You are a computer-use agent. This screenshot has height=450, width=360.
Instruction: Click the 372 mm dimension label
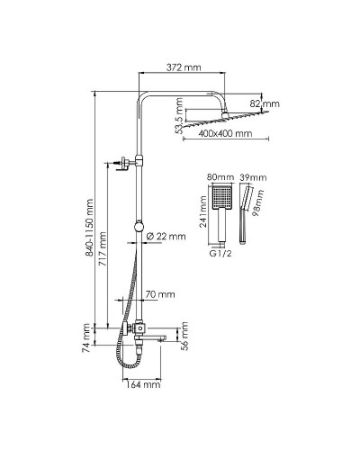(x=184, y=67)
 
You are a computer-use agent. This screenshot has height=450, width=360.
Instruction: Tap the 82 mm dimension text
(x=265, y=103)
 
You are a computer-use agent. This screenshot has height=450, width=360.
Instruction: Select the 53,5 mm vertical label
(x=179, y=115)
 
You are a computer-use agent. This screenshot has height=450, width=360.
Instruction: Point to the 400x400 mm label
(x=225, y=133)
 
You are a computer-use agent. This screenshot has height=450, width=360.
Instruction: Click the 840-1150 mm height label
(x=89, y=228)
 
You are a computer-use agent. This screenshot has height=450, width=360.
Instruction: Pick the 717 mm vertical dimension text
(x=103, y=248)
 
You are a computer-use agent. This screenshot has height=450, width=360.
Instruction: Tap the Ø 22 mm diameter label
(x=166, y=237)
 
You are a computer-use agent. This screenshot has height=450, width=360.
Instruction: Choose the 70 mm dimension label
(x=160, y=294)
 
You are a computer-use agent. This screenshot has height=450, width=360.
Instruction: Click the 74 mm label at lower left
(x=86, y=337)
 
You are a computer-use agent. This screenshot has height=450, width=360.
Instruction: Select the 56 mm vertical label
(x=184, y=336)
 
